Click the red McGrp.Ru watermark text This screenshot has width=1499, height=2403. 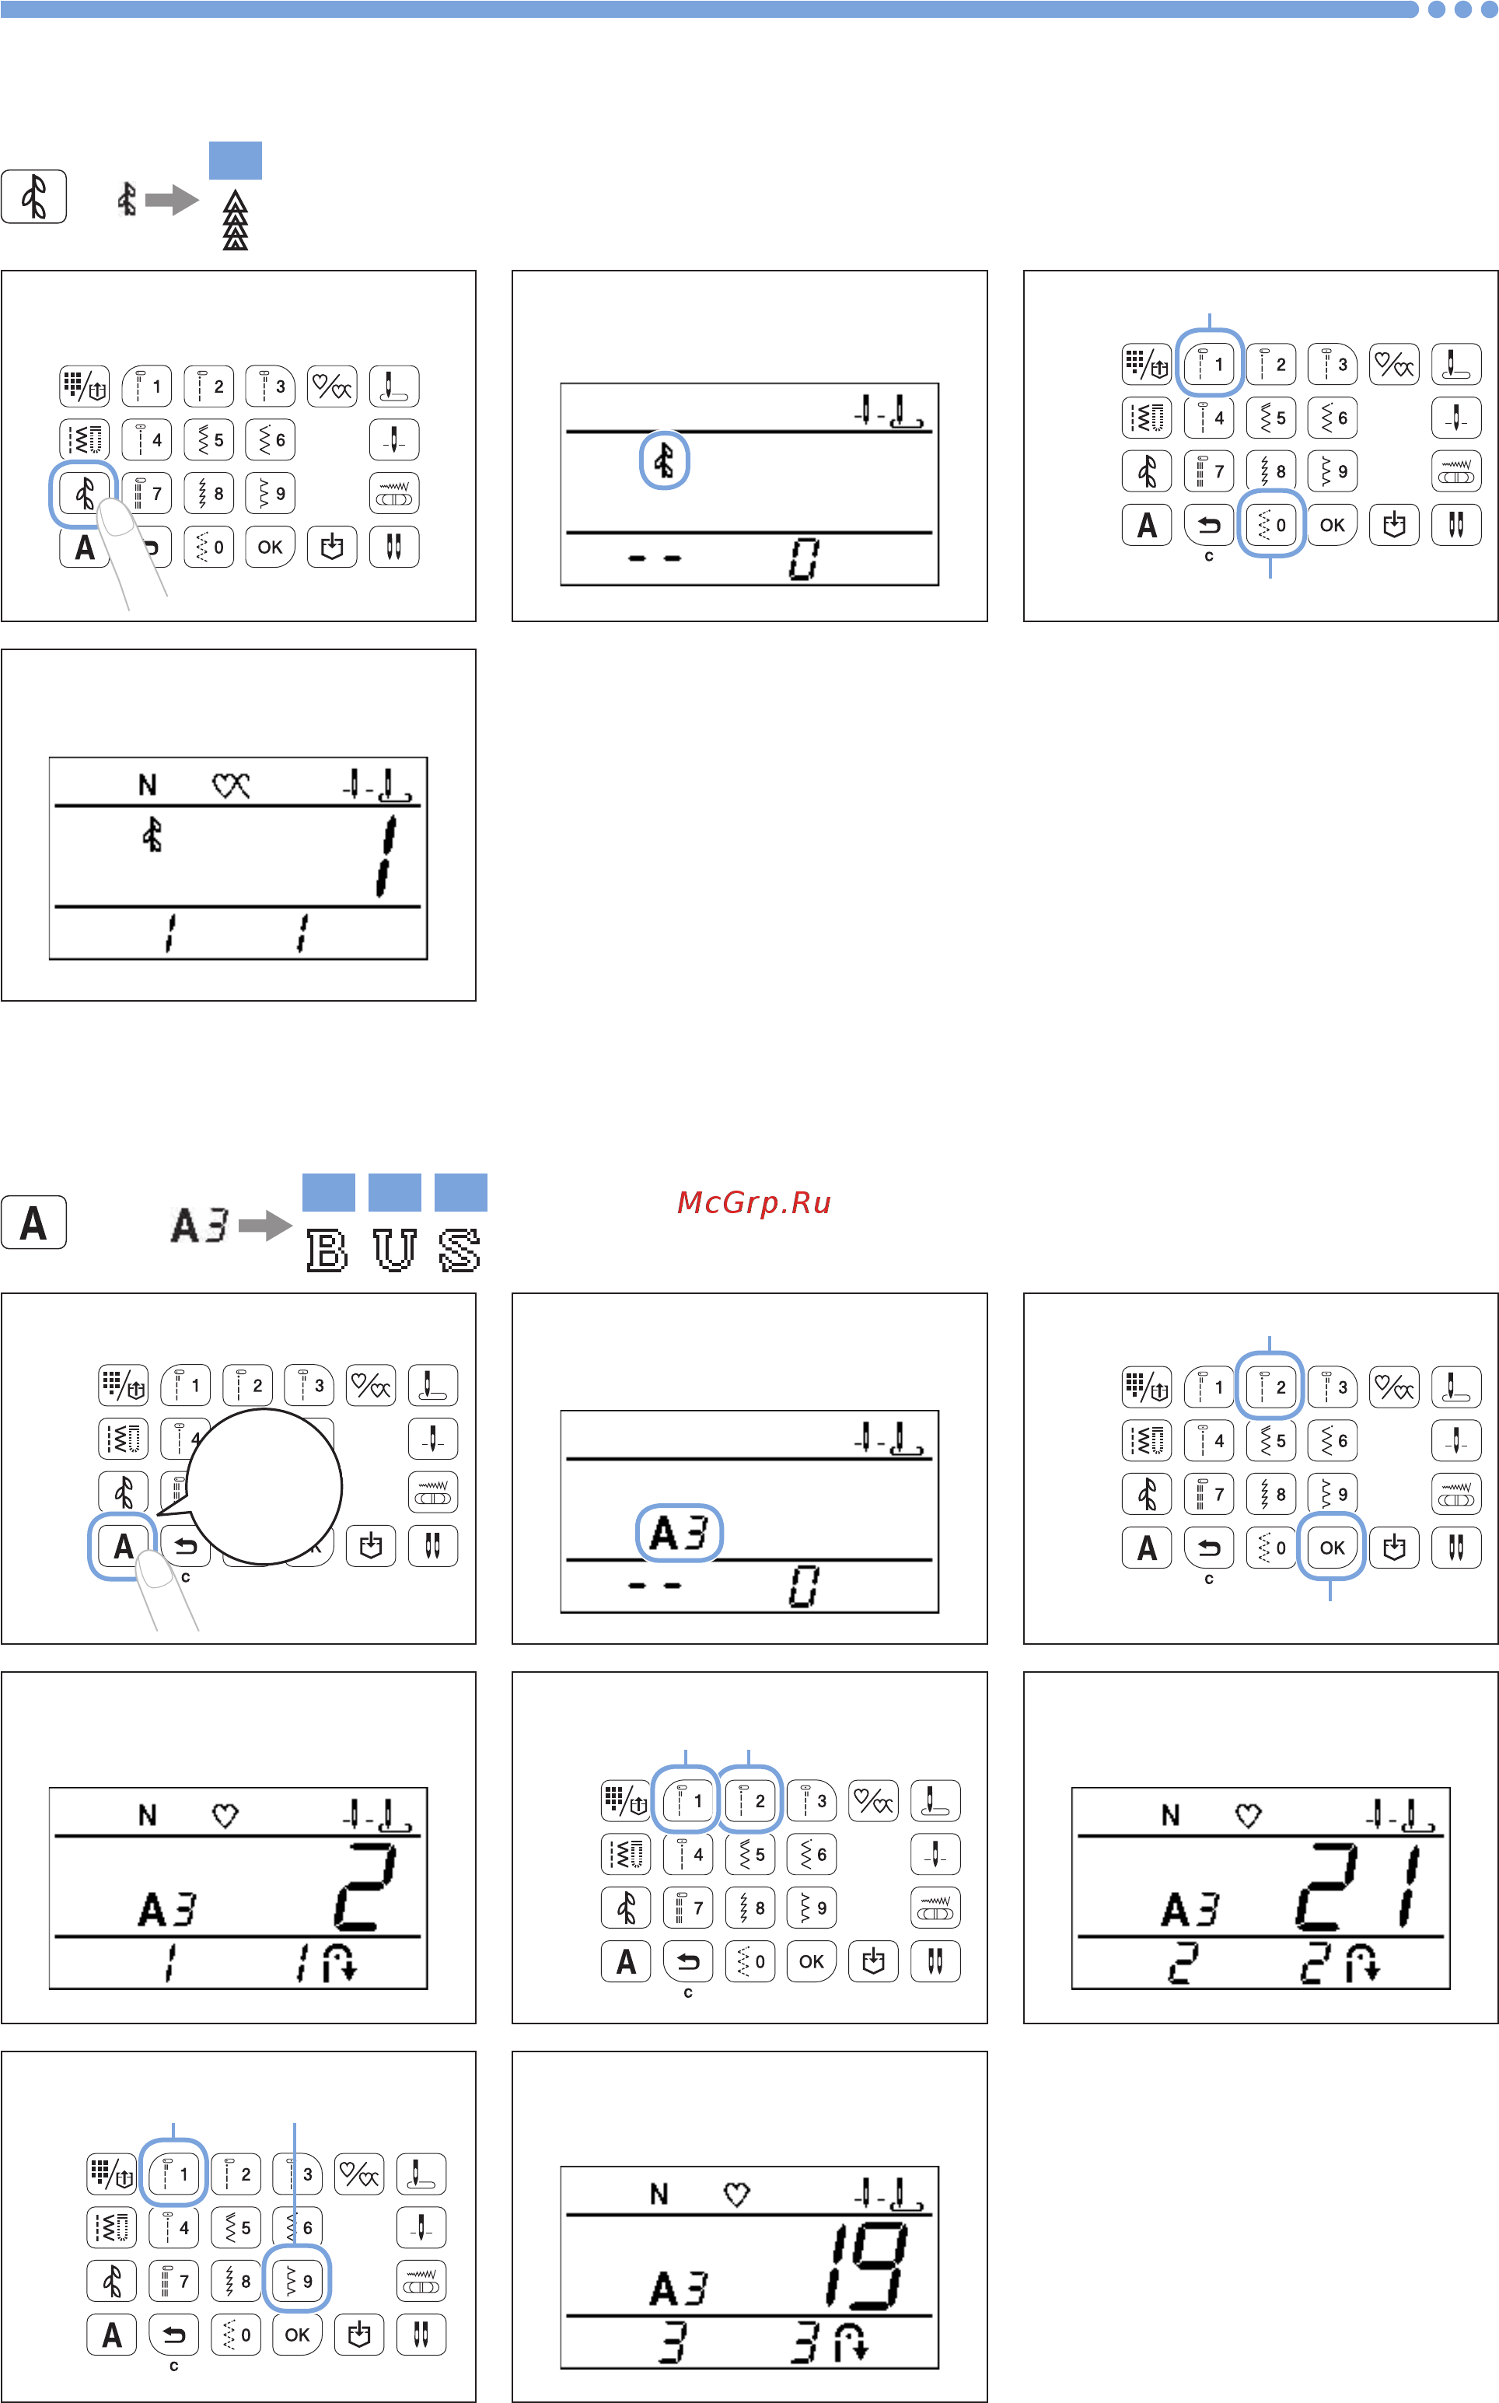753,1202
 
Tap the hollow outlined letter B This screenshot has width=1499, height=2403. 327,1249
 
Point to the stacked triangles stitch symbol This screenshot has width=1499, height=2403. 235,220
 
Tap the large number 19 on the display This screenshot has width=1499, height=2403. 866,2265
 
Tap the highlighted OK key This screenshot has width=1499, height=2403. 1332,1548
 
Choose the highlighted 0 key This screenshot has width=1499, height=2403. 1271,524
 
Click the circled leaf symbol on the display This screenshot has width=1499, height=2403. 664,460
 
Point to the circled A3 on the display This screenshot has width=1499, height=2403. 679,1533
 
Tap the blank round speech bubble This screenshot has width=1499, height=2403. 264,1487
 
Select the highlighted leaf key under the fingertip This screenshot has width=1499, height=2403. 84,493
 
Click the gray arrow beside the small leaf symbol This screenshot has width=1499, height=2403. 172,201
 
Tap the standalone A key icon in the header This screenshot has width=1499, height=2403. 33,1222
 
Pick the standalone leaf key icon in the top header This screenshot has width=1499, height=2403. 33,196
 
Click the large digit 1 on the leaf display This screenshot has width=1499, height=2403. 386,855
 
